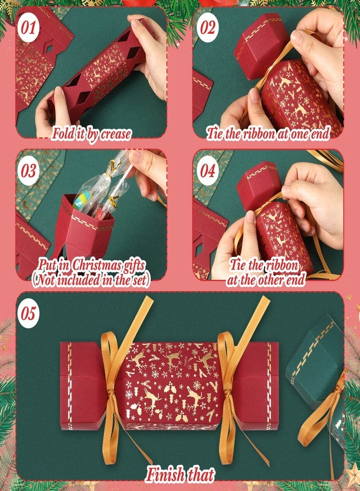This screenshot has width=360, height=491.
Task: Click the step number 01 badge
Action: (28, 28)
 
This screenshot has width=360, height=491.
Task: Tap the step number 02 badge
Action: (208, 27)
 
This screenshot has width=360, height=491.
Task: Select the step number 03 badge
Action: (28, 171)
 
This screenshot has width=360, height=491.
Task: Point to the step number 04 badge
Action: (208, 171)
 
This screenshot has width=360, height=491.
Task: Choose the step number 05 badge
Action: (28, 313)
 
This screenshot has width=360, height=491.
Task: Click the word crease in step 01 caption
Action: (116, 134)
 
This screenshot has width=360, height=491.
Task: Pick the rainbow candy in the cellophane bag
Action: (83, 199)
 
